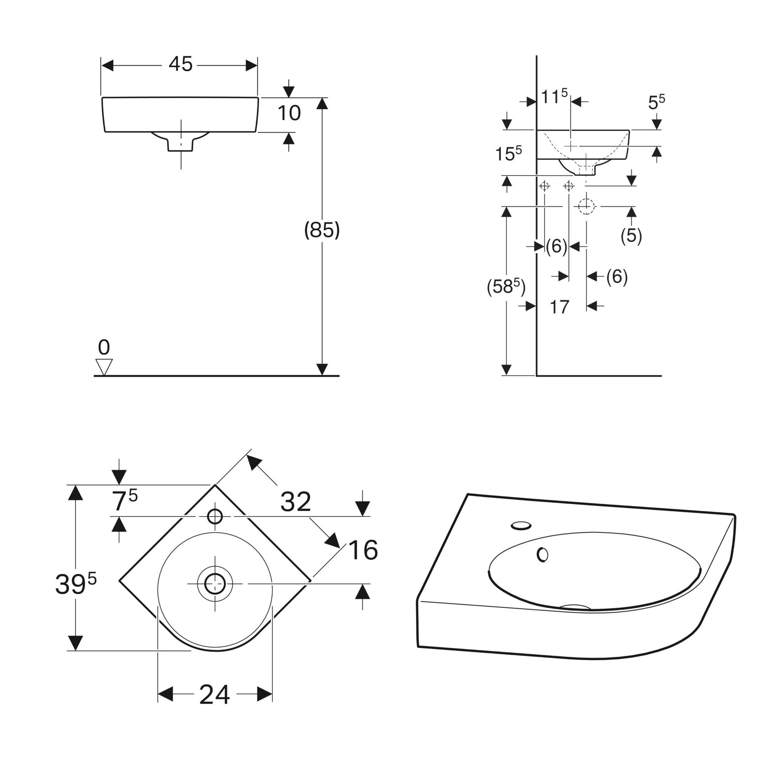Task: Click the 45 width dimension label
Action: coord(180,64)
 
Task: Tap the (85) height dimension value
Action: coord(322,230)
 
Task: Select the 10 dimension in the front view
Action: coord(289,113)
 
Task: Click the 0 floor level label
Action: coord(104,348)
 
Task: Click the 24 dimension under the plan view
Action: coord(214,695)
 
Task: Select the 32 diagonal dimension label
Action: coord(296,502)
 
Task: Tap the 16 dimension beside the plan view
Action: coord(363,550)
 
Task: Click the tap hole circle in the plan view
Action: coord(215,517)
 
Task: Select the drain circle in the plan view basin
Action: coord(215,584)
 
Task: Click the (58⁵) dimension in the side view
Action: coord(506,287)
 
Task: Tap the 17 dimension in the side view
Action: coord(559,307)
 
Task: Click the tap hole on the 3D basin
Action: coord(522,525)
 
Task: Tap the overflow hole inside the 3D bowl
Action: coord(543,554)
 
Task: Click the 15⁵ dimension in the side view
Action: coord(508,153)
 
